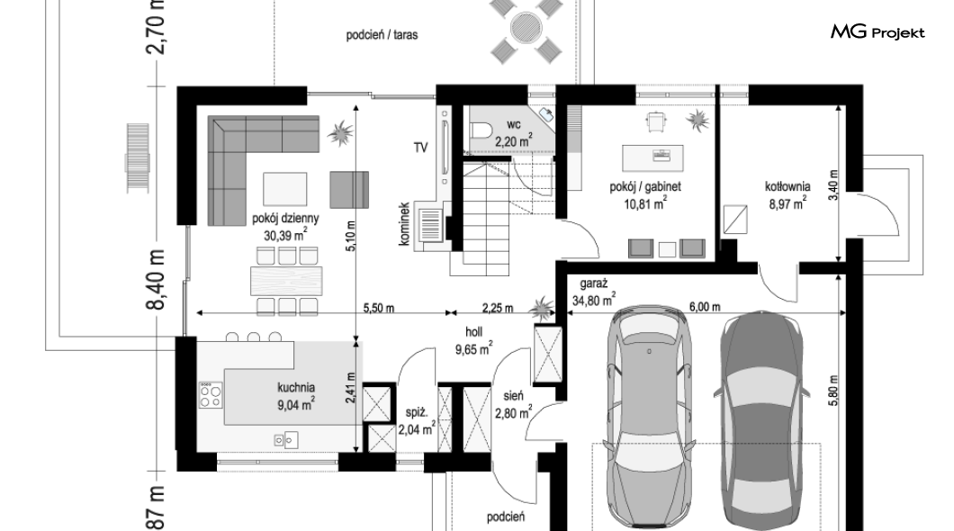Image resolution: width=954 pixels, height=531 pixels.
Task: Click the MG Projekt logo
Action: point(877,32)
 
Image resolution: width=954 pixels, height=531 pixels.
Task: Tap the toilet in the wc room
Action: point(481,130)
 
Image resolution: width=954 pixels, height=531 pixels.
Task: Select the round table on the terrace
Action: point(526,27)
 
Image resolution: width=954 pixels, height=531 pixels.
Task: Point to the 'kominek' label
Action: point(404,224)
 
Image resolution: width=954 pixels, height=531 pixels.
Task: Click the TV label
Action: point(420,148)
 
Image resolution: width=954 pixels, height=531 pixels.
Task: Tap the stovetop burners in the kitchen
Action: point(211,395)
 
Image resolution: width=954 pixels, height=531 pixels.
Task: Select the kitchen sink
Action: point(285,439)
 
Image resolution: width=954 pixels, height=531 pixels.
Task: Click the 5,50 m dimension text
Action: point(378,308)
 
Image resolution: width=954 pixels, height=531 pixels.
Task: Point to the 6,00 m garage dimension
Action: point(705,307)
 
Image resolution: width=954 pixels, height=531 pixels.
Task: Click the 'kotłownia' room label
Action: point(787,186)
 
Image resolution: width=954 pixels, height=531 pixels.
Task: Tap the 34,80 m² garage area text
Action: point(594,300)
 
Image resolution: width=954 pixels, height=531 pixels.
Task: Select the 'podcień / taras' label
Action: point(382,35)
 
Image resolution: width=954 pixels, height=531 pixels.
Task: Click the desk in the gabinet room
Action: point(652,157)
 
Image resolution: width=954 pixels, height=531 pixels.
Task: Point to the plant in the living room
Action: point(340,132)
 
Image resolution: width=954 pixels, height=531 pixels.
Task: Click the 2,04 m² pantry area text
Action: point(417,428)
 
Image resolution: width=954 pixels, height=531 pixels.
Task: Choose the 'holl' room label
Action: point(474,332)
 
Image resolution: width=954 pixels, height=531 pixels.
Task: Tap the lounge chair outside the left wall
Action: point(138,158)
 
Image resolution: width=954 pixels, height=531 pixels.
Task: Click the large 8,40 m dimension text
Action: point(156,279)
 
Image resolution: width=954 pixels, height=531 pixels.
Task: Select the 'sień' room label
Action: point(513,396)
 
